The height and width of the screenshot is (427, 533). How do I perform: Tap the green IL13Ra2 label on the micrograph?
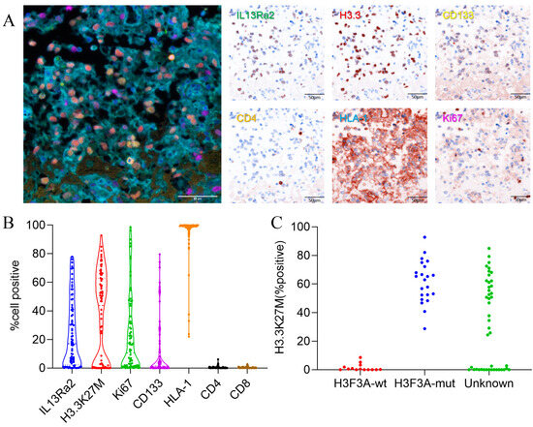click(256, 16)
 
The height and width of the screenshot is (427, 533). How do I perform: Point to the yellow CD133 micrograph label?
click(455, 16)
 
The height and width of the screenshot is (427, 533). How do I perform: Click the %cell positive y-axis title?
click(13, 296)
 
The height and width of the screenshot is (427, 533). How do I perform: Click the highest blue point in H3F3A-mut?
click(423, 237)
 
